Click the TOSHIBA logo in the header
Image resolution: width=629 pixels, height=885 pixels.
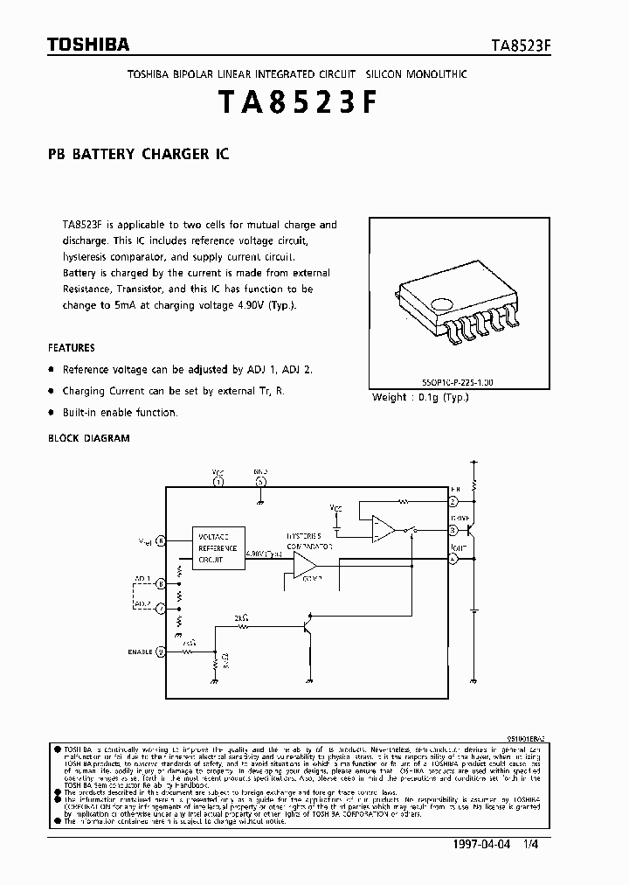[76, 45]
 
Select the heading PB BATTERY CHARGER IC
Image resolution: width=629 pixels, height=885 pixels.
[138, 154]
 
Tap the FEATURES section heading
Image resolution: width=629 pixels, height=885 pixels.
[72, 347]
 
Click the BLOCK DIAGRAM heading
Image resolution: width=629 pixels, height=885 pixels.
[89, 437]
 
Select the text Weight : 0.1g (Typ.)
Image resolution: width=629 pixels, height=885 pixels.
[421, 397]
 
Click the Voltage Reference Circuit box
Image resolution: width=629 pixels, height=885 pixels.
[218, 548]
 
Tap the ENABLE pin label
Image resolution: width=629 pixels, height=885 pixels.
[142, 652]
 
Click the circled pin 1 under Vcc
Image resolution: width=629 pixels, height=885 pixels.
[218, 481]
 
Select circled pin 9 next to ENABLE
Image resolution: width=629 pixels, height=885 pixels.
[161, 652]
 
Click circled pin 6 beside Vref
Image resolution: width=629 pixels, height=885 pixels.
[161, 541]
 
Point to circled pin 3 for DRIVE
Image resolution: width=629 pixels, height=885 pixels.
[453, 530]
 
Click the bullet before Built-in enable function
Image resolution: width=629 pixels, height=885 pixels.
[52, 412]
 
